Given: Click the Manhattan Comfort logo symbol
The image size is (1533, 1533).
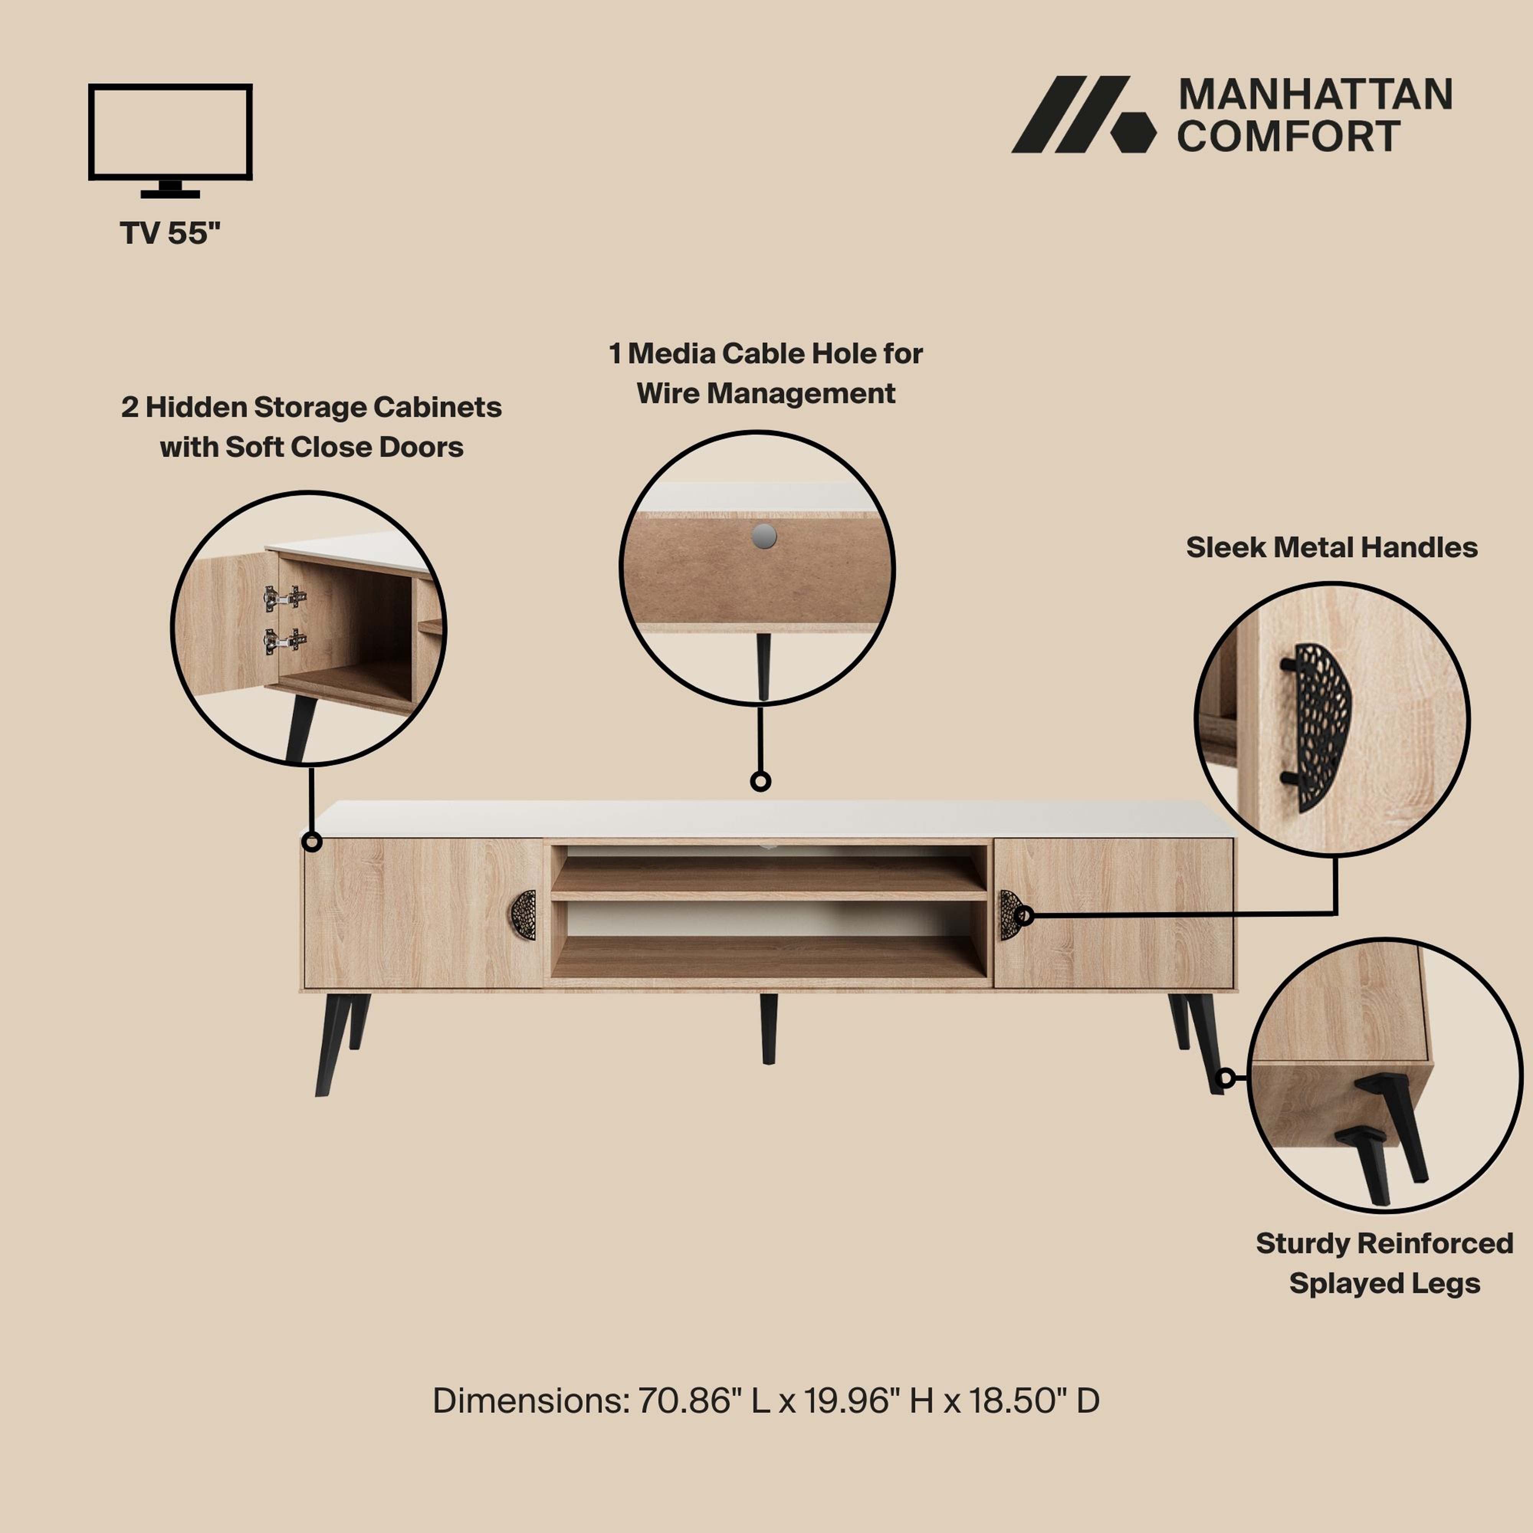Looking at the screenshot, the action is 1084,114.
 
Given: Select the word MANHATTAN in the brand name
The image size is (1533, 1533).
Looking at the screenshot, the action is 1315,95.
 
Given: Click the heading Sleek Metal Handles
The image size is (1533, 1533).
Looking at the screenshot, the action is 1331,548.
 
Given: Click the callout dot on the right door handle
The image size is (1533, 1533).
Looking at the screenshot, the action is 1024,916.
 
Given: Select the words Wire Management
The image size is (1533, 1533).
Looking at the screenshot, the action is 766,394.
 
